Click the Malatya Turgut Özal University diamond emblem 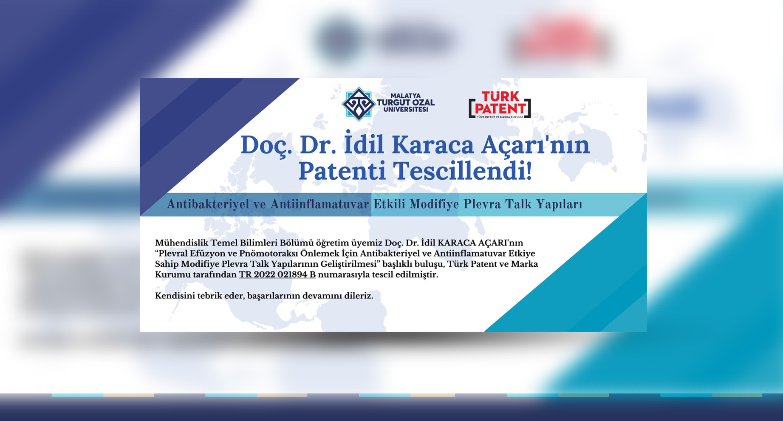tap(358, 104)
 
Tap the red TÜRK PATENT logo tap(500, 105)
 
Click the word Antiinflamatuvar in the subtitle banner tap(319, 204)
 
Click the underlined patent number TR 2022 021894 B tap(277, 274)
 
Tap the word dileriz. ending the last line tap(359, 296)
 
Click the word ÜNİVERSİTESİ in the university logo tap(406, 110)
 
